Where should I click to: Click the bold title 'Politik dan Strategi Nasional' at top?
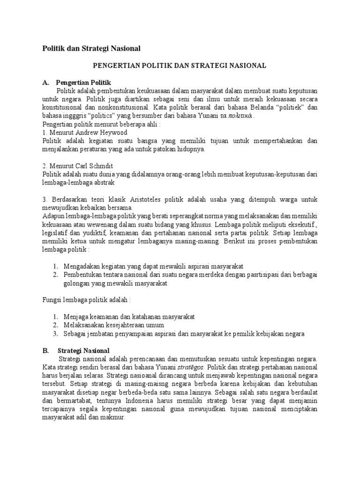tap(91, 48)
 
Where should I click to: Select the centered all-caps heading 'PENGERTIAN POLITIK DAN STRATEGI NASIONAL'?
tap(180, 66)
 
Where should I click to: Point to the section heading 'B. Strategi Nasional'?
tap(76, 350)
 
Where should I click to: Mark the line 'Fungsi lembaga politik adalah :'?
tap(87, 300)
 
